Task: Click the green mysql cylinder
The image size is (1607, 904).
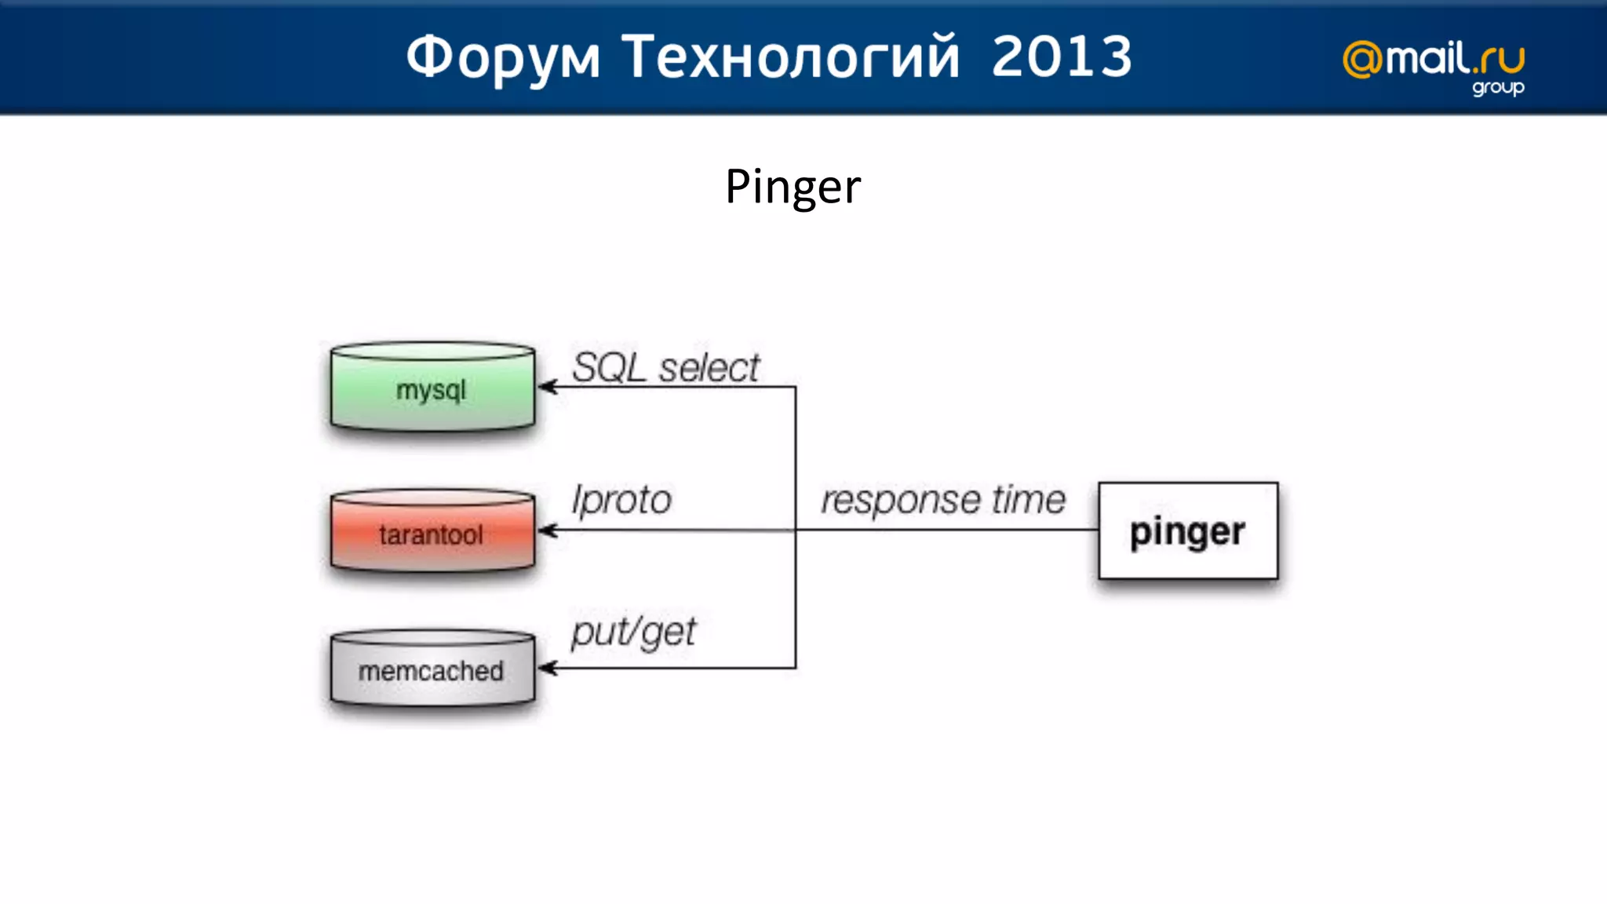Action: click(x=432, y=388)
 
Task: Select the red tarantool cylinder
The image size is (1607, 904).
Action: click(x=432, y=533)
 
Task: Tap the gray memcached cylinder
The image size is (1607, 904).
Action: click(x=432, y=669)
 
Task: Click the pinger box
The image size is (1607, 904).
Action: click(x=1188, y=531)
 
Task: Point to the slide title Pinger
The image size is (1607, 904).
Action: click(x=793, y=187)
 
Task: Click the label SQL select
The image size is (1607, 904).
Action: click(x=665, y=367)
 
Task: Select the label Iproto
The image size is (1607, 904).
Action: click(x=621, y=500)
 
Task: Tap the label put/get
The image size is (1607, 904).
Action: click(x=633, y=632)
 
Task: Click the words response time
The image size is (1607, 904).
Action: click(x=943, y=500)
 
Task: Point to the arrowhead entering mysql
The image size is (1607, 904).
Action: click(x=547, y=387)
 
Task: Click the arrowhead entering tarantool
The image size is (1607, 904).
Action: click(x=547, y=531)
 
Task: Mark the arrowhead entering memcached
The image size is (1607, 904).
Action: click(x=547, y=669)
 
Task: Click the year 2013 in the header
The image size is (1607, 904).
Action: click(x=1062, y=57)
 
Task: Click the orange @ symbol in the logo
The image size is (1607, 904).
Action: click(x=1362, y=60)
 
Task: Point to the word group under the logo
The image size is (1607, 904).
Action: click(x=1498, y=88)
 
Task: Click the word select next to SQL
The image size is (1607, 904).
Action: click(x=709, y=367)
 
